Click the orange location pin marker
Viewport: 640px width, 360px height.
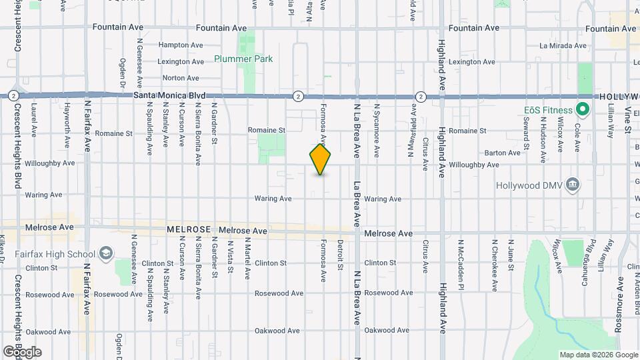(x=320, y=159)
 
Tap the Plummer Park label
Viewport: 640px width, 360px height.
(x=243, y=59)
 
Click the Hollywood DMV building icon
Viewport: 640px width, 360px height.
(x=571, y=184)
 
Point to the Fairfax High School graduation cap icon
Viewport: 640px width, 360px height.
(x=105, y=253)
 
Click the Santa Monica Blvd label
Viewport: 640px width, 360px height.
(x=169, y=95)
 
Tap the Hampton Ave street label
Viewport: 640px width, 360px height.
(x=180, y=45)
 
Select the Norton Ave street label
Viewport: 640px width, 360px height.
(x=172, y=78)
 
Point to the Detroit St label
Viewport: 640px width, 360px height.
(x=339, y=255)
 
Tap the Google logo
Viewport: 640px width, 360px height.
(x=22, y=352)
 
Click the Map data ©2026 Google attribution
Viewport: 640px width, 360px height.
(x=598, y=355)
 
